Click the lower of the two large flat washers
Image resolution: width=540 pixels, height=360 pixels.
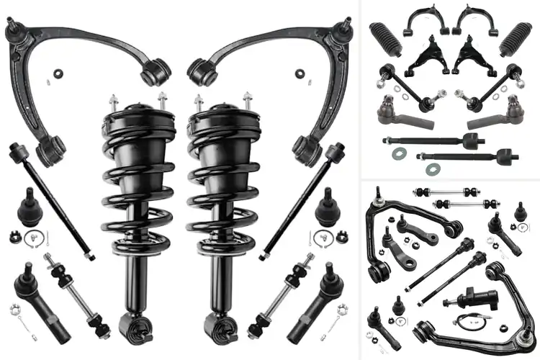click(x=433, y=168)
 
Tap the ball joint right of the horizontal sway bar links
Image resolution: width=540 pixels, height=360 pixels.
click(x=518, y=213)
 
